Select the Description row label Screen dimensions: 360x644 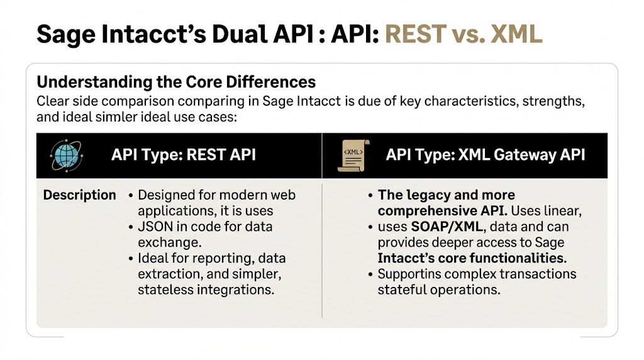click(79, 195)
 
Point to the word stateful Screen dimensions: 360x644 click(406, 290)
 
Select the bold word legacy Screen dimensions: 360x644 click(423, 195)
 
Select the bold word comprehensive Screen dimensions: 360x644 click(427, 211)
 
